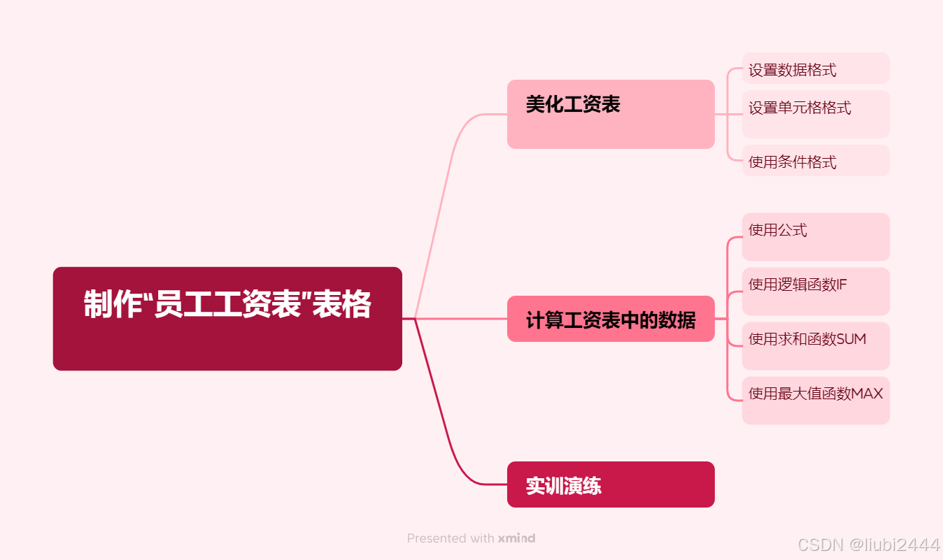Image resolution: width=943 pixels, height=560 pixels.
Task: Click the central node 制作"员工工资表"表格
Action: point(227,318)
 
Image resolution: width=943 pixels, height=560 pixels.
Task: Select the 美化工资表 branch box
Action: point(610,114)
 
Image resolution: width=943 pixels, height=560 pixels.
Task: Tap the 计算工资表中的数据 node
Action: point(610,319)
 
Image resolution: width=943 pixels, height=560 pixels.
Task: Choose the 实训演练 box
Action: point(610,484)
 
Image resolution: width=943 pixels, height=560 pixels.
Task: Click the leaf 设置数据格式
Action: point(815,69)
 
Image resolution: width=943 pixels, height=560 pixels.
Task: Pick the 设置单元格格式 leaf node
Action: point(815,113)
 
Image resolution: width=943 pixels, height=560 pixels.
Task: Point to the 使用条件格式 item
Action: point(815,161)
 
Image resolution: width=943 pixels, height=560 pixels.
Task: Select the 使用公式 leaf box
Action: point(815,236)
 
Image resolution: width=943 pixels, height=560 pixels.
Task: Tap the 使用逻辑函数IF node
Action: point(815,291)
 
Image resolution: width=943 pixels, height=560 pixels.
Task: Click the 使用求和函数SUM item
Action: point(815,345)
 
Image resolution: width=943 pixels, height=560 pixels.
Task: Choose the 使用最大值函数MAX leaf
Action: point(815,400)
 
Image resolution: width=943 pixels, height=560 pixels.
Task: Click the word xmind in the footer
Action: point(516,538)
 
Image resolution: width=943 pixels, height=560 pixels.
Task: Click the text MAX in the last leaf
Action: point(867,394)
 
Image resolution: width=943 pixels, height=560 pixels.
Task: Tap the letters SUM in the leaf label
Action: point(851,339)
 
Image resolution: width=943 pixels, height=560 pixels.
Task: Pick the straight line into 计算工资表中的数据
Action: point(462,319)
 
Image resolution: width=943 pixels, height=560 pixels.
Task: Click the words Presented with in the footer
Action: point(451,538)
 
